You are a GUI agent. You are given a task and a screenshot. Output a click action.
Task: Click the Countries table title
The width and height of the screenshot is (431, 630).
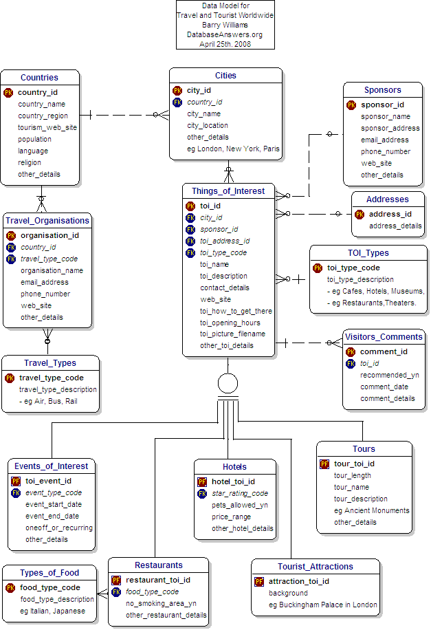click(39, 78)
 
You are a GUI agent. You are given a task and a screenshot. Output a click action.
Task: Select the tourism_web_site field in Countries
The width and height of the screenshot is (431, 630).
click(47, 127)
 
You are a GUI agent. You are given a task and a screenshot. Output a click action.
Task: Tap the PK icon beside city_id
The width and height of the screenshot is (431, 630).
click(177, 90)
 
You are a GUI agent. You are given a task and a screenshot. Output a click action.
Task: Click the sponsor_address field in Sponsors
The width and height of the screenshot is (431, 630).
click(390, 128)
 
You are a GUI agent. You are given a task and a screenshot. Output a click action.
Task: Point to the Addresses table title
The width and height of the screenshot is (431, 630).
click(388, 199)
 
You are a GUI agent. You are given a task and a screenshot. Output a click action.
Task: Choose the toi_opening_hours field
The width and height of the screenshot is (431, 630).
click(230, 323)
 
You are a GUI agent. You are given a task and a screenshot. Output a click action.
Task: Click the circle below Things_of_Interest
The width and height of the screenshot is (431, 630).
click(228, 383)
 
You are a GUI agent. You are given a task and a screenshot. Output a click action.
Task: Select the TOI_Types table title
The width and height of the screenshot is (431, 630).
click(368, 253)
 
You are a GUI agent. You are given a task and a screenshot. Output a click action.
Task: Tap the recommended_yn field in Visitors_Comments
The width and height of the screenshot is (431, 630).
click(390, 375)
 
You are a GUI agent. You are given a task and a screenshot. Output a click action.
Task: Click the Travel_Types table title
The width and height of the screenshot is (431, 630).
click(50, 363)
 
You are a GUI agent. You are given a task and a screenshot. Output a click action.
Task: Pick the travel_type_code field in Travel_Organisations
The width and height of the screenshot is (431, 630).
click(48, 259)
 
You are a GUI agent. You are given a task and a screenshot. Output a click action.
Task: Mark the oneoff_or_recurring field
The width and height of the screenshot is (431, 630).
click(59, 528)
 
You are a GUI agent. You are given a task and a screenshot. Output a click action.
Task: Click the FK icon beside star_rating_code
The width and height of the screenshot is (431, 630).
click(202, 493)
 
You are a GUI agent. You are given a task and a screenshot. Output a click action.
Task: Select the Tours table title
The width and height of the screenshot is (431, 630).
click(364, 449)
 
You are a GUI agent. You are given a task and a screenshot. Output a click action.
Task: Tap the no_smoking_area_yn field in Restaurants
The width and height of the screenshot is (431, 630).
click(161, 603)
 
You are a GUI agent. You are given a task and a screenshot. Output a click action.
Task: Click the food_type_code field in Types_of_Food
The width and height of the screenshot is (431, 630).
click(49, 587)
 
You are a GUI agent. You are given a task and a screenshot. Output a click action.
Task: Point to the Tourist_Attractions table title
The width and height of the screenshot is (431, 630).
click(316, 567)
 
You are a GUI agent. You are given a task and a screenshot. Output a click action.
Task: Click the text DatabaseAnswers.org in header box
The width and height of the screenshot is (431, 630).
click(225, 34)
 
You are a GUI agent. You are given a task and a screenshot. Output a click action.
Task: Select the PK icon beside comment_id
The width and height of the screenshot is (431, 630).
click(351, 351)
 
